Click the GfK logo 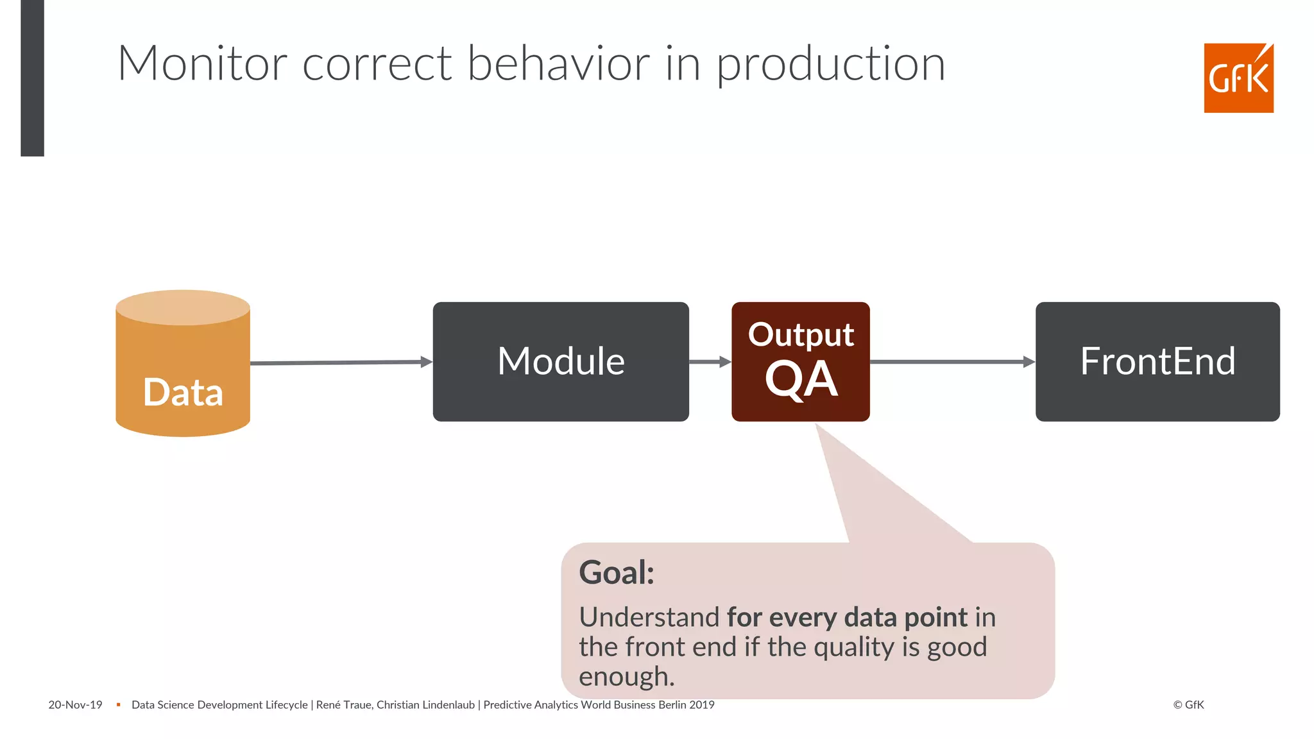(1238, 78)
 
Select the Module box (561, 362)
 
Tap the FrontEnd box (1157, 362)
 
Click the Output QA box (800, 362)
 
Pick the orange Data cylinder (183, 372)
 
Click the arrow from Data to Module (340, 362)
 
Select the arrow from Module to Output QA (710, 362)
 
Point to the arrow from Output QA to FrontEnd (952, 362)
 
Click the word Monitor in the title (202, 64)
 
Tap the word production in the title (830, 65)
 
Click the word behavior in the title (558, 64)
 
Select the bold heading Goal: (616, 572)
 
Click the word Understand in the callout (649, 617)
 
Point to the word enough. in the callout (626, 677)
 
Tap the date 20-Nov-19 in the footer (75, 705)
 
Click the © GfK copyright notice (1188, 705)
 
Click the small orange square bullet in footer (118, 705)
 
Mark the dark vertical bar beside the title (32, 77)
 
